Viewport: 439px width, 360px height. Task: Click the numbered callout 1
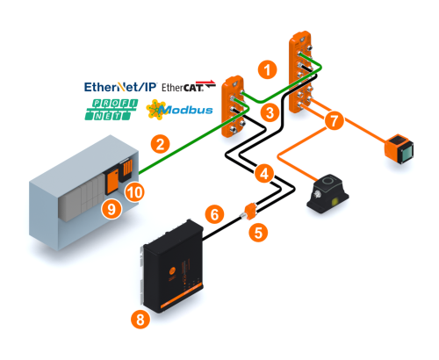click(267, 69)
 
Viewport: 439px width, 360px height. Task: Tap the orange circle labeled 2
click(160, 144)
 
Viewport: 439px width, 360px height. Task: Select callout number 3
click(270, 112)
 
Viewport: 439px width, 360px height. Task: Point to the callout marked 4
click(264, 174)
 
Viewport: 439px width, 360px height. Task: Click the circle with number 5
click(258, 233)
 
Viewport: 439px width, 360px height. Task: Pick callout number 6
click(214, 214)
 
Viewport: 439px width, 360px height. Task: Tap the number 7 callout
click(334, 120)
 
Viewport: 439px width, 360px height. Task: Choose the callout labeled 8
click(140, 319)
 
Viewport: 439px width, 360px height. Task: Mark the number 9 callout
click(112, 209)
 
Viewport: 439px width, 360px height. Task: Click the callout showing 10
click(134, 192)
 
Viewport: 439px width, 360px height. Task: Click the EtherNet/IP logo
click(120, 87)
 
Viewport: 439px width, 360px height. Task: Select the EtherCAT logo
click(189, 86)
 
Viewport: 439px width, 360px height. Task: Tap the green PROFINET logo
click(112, 110)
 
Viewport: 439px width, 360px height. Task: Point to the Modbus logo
click(179, 110)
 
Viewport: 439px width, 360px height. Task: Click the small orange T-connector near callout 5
click(249, 212)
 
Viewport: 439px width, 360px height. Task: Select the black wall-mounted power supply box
click(172, 266)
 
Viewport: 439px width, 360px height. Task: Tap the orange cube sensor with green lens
click(399, 148)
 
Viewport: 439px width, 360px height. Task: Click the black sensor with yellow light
click(327, 193)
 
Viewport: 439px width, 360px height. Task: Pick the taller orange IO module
click(301, 72)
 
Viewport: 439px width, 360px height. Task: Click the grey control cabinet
click(84, 193)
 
